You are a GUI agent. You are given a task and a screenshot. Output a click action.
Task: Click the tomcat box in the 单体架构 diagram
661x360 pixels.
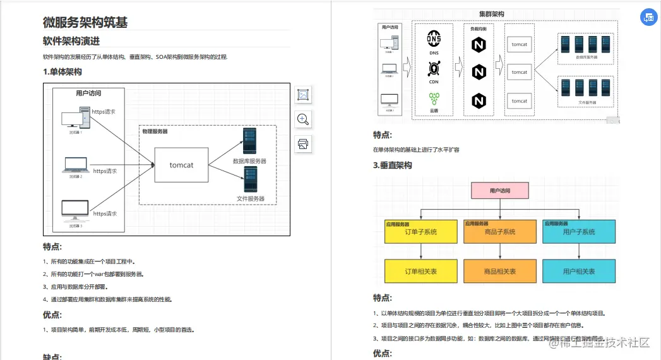pyautogui.click(x=182, y=165)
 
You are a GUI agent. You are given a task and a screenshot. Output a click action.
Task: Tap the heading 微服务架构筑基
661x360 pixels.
pyautogui.click(x=85, y=23)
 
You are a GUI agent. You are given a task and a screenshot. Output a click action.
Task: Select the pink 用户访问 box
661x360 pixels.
pyautogui.click(x=500, y=191)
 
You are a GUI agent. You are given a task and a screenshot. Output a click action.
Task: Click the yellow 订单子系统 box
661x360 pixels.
pyautogui.click(x=420, y=232)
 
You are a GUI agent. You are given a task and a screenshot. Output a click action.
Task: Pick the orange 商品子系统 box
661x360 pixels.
pyautogui.click(x=499, y=232)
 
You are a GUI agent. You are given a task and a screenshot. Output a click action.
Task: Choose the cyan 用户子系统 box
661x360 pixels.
pyautogui.click(x=578, y=232)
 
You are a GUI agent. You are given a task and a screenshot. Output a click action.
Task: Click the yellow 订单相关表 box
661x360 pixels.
pyautogui.click(x=420, y=271)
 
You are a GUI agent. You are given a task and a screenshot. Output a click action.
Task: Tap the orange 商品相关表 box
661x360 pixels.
pyautogui.click(x=499, y=271)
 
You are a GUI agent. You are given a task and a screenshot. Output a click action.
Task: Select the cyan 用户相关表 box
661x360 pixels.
pyautogui.click(x=578, y=271)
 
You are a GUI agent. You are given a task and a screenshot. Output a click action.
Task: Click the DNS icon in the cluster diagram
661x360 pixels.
pyautogui.click(x=434, y=39)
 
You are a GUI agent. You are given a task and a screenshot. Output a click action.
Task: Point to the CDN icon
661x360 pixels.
pyautogui.click(x=434, y=68)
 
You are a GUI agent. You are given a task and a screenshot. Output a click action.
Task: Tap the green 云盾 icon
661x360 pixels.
pyautogui.click(x=434, y=98)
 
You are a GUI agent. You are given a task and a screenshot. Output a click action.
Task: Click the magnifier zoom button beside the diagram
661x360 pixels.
pyautogui.click(x=303, y=119)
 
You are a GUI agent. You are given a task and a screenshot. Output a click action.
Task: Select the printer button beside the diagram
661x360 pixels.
pyautogui.click(x=303, y=143)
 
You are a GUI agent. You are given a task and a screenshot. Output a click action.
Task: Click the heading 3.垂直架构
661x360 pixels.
pyautogui.click(x=392, y=165)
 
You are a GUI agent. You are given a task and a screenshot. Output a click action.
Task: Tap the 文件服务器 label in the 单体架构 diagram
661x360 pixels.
pyautogui.click(x=251, y=199)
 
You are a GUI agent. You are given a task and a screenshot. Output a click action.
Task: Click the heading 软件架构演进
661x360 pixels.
pyautogui.click(x=71, y=41)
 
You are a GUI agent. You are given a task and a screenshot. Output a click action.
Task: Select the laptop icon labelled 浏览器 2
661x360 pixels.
pyautogui.click(x=76, y=165)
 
